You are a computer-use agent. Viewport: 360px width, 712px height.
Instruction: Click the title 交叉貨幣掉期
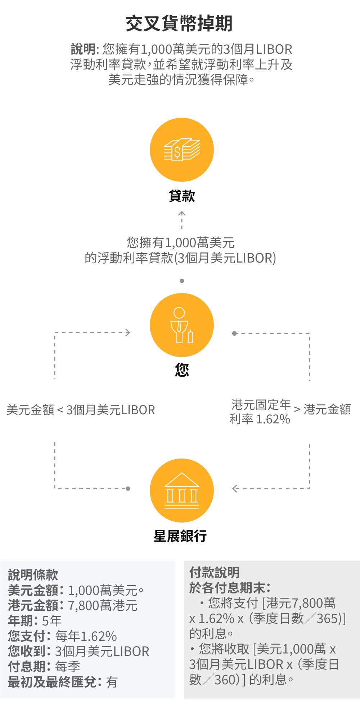coord(179,24)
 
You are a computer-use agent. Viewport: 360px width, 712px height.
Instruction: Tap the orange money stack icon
coord(182,150)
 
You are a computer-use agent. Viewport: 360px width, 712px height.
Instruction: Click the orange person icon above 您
coord(182,325)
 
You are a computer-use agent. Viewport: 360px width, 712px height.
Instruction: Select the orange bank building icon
coord(182,491)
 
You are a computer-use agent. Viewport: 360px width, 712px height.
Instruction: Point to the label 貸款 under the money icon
coord(182,197)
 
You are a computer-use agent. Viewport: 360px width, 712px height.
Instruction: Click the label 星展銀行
coord(180,536)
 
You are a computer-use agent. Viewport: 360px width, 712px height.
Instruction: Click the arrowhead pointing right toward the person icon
coord(127,332)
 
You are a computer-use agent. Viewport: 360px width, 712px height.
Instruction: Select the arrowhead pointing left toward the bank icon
coord(235,489)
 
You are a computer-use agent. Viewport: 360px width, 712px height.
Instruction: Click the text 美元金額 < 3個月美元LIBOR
coord(81,410)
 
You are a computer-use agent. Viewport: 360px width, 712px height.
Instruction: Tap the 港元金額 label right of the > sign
coord(327,409)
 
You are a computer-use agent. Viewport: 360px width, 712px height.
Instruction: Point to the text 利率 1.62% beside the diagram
coord(260,419)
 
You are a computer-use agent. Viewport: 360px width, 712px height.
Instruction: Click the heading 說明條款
coord(33,575)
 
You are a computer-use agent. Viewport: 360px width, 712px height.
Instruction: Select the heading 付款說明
coord(215,572)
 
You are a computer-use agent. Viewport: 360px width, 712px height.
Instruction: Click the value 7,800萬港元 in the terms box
coord(103,605)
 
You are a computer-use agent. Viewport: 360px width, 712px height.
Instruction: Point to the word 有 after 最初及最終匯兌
coord(112,682)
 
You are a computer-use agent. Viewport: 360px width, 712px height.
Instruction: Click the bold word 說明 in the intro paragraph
coord(83,49)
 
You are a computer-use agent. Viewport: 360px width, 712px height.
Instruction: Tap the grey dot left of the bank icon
coord(128,489)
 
